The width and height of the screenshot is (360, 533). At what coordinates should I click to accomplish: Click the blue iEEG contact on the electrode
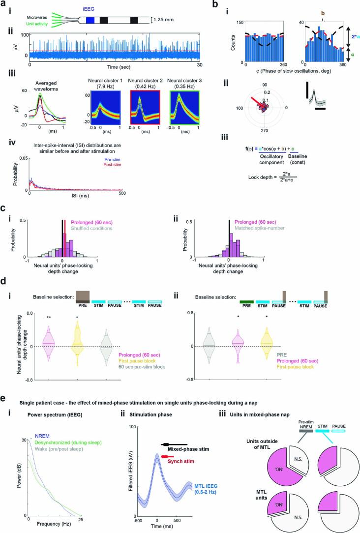click(x=90, y=20)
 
